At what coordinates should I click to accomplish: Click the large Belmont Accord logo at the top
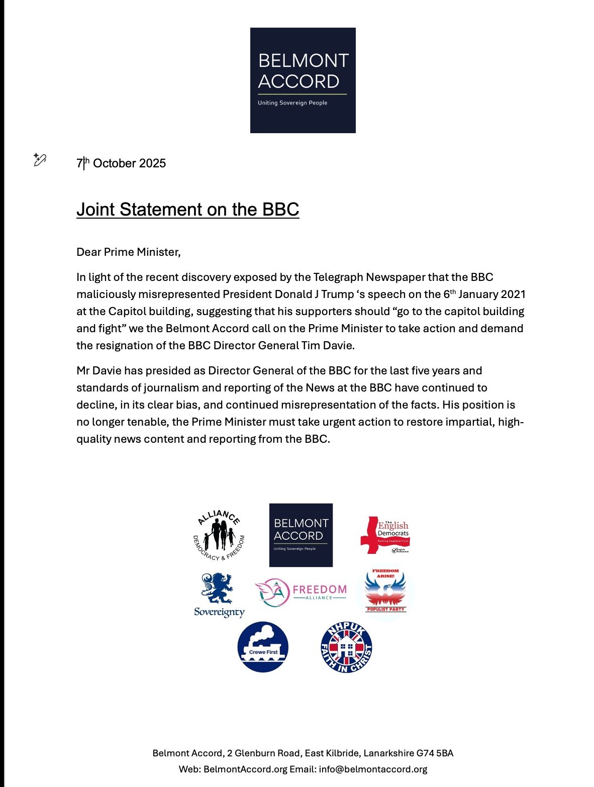pos(303,80)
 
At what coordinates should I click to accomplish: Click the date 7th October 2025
pos(121,163)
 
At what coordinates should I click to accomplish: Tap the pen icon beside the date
pos(40,160)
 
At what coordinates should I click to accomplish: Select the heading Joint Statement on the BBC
pos(187,209)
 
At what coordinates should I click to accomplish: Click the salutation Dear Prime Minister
pos(128,252)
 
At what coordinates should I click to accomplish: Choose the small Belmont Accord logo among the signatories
pos(301,535)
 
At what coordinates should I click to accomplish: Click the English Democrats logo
pos(385,535)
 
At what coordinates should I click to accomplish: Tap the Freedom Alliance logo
pos(301,592)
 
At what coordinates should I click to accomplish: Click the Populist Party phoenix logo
pos(385,592)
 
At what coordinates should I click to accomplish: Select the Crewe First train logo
pos(263,647)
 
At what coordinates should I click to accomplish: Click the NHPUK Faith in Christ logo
pos(346,647)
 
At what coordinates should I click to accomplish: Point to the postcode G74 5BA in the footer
pos(435,753)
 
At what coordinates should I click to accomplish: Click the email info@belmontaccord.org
pos(373,769)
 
